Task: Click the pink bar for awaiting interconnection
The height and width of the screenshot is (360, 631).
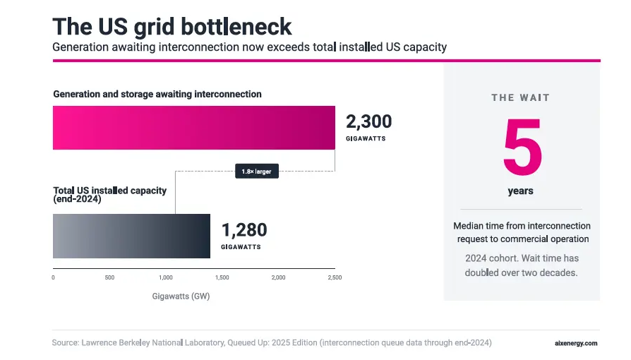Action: click(x=194, y=128)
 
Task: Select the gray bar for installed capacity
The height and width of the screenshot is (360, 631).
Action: click(x=131, y=236)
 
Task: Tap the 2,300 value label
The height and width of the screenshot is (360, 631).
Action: click(x=368, y=121)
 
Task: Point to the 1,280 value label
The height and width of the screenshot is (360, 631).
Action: click(x=244, y=230)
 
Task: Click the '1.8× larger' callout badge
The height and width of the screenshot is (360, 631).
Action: click(x=257, y=171)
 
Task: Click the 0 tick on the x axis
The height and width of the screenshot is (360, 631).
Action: click(x=53, y=277)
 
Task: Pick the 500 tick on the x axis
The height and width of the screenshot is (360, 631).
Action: click(x=109, y=277)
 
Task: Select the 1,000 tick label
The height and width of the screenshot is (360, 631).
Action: click(x=166, y=277)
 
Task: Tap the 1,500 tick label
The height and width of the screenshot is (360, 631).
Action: click(x=222, y=277)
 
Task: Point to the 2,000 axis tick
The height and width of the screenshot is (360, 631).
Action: click(x=279, y=277)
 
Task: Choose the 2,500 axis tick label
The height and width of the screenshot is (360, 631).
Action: click(x=335, y=277)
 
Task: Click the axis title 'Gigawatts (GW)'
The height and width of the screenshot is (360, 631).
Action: click(x=181, y=296)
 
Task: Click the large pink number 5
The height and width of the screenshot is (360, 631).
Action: click(x=523, y=147)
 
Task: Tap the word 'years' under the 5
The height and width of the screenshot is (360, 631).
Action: click(x=521, y=191)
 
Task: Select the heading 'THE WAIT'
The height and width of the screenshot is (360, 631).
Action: click(x=521, y=98)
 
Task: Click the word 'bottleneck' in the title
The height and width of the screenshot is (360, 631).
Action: click(x=236, y=27)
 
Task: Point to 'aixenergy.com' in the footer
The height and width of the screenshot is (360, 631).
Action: click(x=576, y=344)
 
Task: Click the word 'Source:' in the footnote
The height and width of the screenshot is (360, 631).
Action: click(x=66, y=342)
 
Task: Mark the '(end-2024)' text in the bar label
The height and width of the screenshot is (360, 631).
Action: click(x=77, y=199)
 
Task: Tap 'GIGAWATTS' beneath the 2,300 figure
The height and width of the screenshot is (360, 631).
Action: click(x=366, y=138)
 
